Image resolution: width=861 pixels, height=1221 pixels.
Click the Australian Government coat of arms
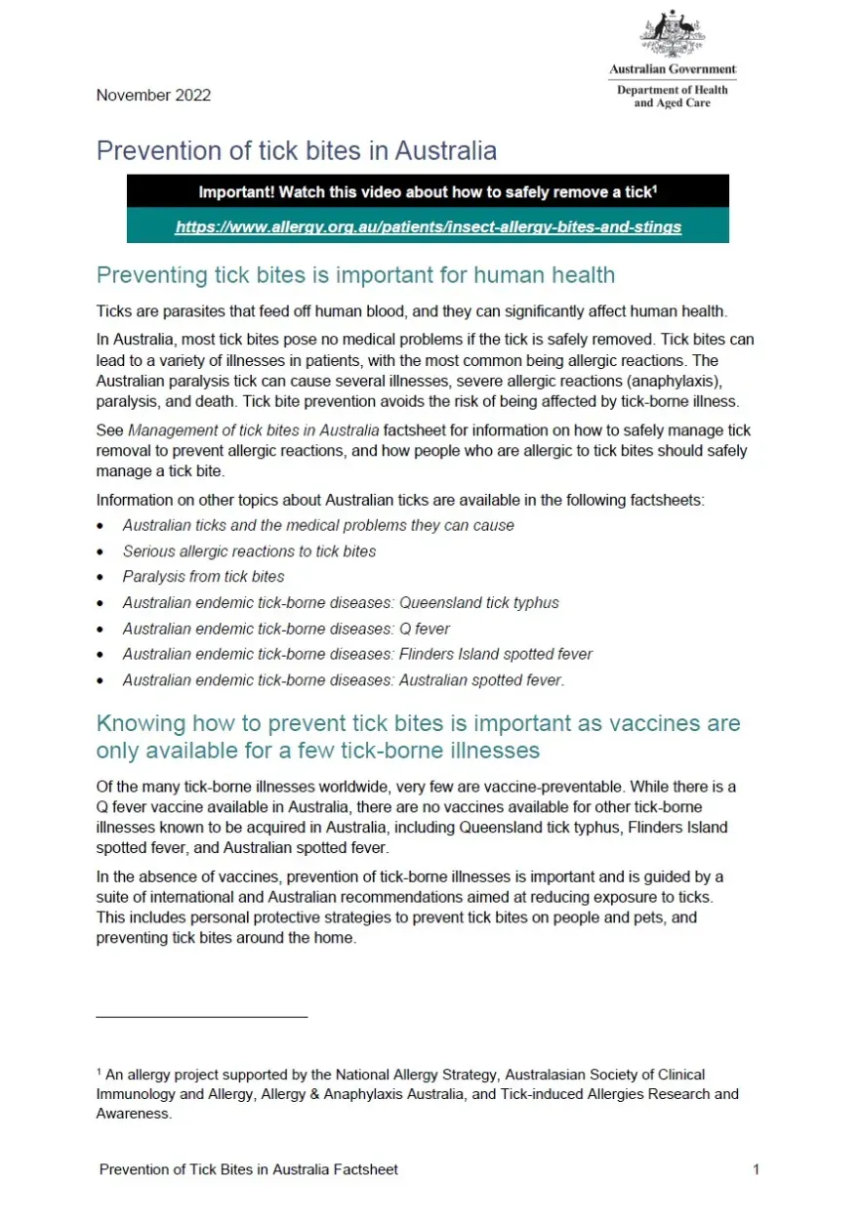click(674, 35)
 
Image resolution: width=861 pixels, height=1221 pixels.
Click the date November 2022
click(153, 95)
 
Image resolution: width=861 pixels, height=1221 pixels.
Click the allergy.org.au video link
click(428, 226)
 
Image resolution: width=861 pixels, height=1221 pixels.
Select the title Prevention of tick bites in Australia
click(296, 151)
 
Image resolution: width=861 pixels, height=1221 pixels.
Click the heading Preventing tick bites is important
click(355, 275)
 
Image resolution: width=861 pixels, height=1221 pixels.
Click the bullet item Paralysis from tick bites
click(203, 577)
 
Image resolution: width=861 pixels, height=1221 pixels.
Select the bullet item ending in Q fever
click(286, 629)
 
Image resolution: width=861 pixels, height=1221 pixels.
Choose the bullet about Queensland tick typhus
click(341, 603)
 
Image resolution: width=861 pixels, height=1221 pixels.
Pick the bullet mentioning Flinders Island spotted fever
click(357, 654)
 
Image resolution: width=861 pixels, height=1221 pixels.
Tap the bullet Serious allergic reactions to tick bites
click(249, 551)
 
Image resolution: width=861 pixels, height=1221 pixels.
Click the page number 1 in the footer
click(756, 1169)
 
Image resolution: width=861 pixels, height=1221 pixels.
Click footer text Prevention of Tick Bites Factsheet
click(248, 1169)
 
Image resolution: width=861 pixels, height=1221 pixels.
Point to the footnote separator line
click(201, 1017)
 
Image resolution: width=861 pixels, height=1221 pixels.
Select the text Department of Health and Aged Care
click(673, 97)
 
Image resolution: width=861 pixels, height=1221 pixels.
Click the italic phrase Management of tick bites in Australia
click(253, 430)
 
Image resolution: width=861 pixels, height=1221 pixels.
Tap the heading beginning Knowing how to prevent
click(418, 737)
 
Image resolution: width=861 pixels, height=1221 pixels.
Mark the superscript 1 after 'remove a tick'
click(654, 187)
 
